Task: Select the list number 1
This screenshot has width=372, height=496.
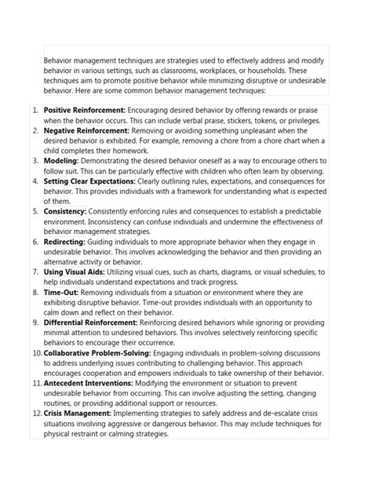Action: click(35, 111)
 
